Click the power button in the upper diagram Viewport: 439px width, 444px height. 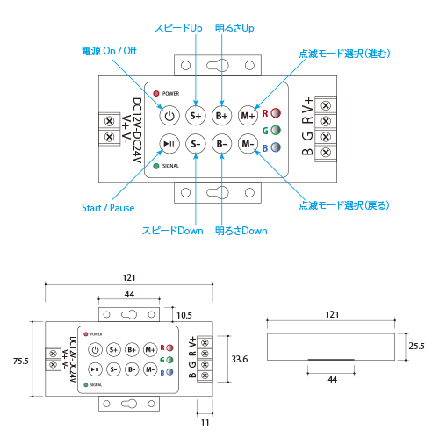pyautogui.click(x=169, y=116)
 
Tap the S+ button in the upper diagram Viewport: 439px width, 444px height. pyautogui.click(x=196, y=116)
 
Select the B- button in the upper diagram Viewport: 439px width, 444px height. pyautogui.click(x=221, y=144)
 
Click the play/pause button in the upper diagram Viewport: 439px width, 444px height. pyautogui.click(x=169, y=144)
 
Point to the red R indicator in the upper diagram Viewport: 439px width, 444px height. pyautogui.click(x=276, y=113)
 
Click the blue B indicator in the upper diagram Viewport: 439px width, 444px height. pyautogui.click(x=276, y=147)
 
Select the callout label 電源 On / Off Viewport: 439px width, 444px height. pyautogui.click(x=109, y=51)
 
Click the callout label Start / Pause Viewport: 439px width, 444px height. pyautogui.click(x=108, y=208)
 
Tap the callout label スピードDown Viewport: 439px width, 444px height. pyautogui.click(x=173, y=231)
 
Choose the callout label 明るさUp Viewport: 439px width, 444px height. pyautogui.click(x=234, y=28)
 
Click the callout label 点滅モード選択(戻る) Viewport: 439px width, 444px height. pyautogui.click(x=344, y=205)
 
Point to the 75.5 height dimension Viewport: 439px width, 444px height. pyautogui.click(x=21, y=362)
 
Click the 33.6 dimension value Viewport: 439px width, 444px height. pyautogui.click(x=240, y=359)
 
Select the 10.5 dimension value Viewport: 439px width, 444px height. pyautogui.click(x=184, y=315)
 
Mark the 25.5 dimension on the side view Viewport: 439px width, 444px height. pyautogui.click(x=416, y=346)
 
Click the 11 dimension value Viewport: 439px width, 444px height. pyautogui.click(x=205, y=423)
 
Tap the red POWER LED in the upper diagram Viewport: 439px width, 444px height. pyautogui.click(x=156, y=94)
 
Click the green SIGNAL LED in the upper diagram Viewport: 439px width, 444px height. pyautogui.click(x=156, y=166)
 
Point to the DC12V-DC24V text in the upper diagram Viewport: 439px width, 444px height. pyautogui.click(x=137, y=131)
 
